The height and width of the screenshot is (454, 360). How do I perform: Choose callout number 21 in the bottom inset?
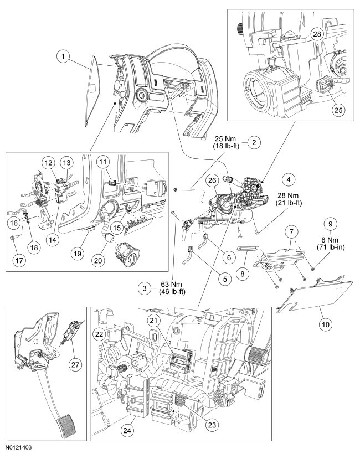(152, 321)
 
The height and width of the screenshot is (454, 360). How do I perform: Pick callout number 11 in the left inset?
(102, 162)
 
